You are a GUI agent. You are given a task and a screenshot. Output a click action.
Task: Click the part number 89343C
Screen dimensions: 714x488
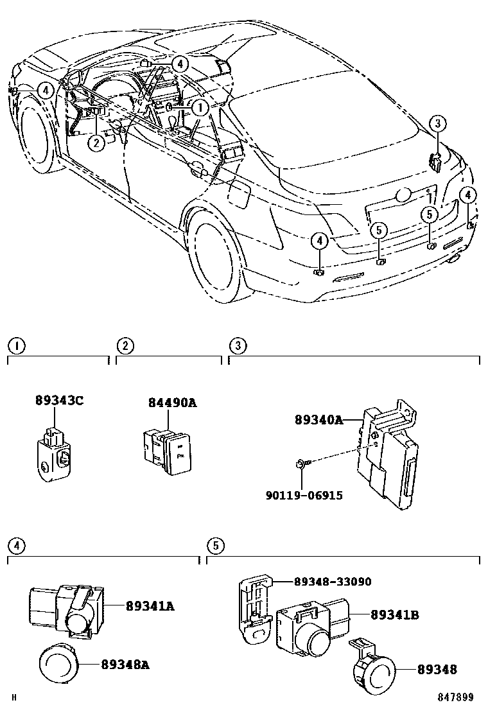pos(59,401)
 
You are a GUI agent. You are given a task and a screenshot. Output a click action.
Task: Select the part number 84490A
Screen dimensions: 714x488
pos(172,403)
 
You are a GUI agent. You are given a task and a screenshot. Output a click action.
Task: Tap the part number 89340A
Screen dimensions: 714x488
pos(318,420)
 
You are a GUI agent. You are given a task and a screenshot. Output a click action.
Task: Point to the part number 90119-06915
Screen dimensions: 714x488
pos(304,495)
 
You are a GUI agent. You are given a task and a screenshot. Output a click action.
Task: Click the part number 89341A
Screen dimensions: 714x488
pos(150,605)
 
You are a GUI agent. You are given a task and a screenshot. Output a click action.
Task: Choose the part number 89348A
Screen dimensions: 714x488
pos(125,665)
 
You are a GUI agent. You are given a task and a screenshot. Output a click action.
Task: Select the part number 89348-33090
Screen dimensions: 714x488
pos(333,582)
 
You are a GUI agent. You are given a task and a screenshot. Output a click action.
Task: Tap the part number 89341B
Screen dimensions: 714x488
pos(394,614)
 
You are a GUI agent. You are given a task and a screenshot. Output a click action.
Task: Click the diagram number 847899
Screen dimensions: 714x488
pos(456,697)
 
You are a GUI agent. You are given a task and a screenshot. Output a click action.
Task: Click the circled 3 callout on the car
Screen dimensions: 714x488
pos(436,123)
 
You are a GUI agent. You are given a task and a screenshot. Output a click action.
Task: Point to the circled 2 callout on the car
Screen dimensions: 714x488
pos(96,143)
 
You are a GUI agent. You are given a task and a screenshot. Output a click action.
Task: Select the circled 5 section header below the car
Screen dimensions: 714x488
pos(215,546)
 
